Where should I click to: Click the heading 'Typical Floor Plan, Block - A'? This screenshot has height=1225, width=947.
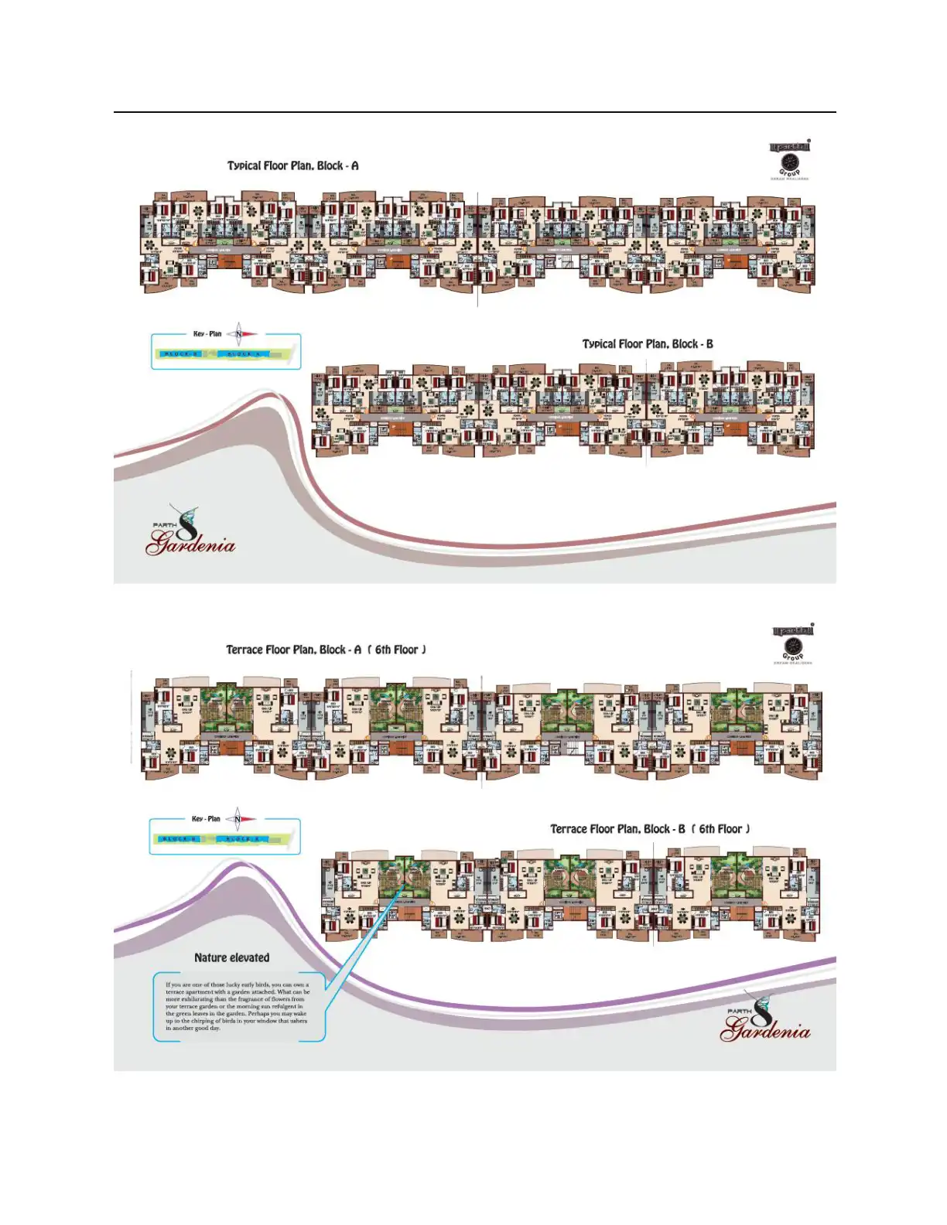click(292, 165)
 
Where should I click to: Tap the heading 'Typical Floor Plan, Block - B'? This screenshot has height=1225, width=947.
click(648, 344)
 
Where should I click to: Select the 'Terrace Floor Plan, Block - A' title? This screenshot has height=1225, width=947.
click(293, 650)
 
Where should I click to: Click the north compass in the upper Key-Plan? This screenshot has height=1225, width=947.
click(240, 334)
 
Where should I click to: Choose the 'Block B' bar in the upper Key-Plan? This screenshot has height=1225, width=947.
click(181, 354)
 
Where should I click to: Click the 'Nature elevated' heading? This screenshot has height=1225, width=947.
click(232, 957)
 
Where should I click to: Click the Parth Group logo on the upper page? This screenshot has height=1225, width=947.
click(790, 159)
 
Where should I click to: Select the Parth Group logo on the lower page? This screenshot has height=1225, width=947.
click(793, 643)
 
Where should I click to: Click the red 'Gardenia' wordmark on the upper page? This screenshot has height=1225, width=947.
click(191, 544)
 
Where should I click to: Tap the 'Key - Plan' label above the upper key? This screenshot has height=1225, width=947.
click(207, 334)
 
